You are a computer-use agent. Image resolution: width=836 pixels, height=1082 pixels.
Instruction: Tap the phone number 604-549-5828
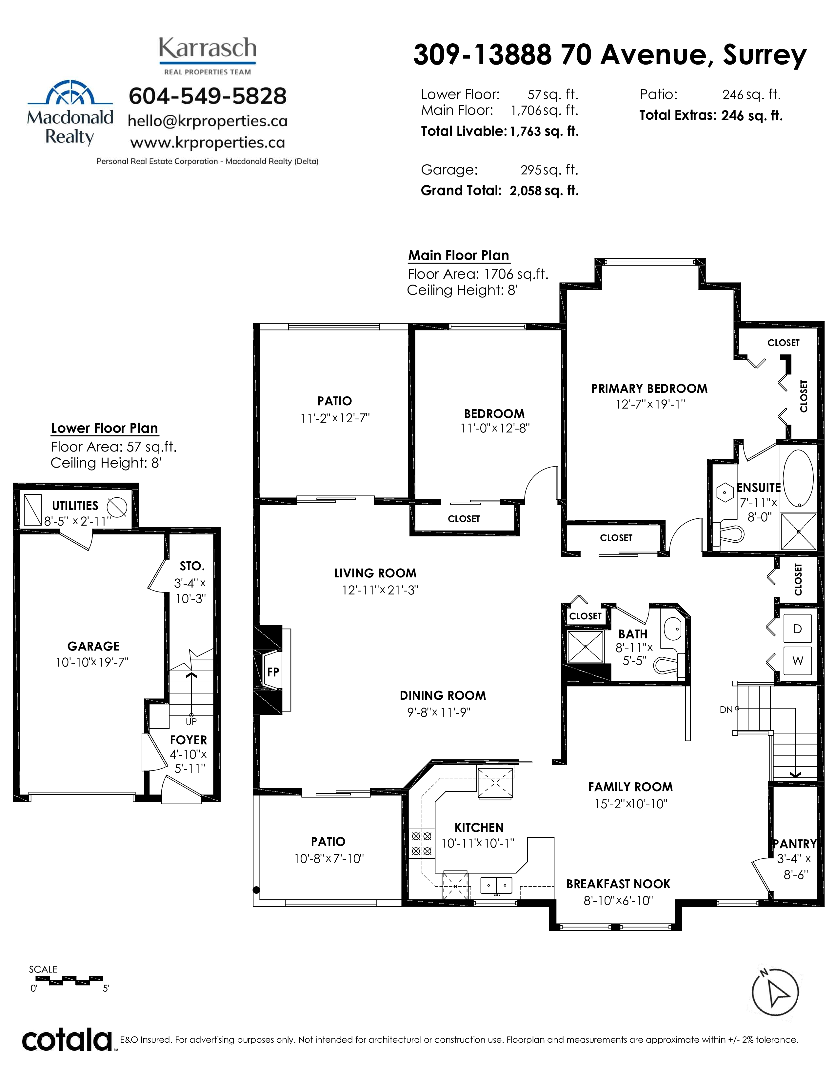coord(208,96)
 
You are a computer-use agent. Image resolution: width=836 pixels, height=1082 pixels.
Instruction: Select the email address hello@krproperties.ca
coord(208,121)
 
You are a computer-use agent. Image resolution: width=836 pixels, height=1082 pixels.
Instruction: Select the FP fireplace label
coord(273,672)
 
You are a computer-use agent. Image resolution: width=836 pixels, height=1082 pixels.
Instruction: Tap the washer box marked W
coord(797,660)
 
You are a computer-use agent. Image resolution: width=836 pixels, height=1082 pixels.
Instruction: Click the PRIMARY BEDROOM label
coord(649,389)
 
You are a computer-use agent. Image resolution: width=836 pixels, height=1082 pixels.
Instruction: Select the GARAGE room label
coord(94,646)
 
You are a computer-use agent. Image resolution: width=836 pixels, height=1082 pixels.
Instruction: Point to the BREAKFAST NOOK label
coord(618,884)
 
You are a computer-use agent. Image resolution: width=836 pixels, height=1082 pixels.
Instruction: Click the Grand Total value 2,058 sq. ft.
coord(544,191)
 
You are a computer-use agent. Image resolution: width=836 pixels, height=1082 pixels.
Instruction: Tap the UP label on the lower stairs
coord(191,722)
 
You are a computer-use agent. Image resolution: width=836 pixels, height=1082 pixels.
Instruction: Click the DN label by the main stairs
coord(726,710)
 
